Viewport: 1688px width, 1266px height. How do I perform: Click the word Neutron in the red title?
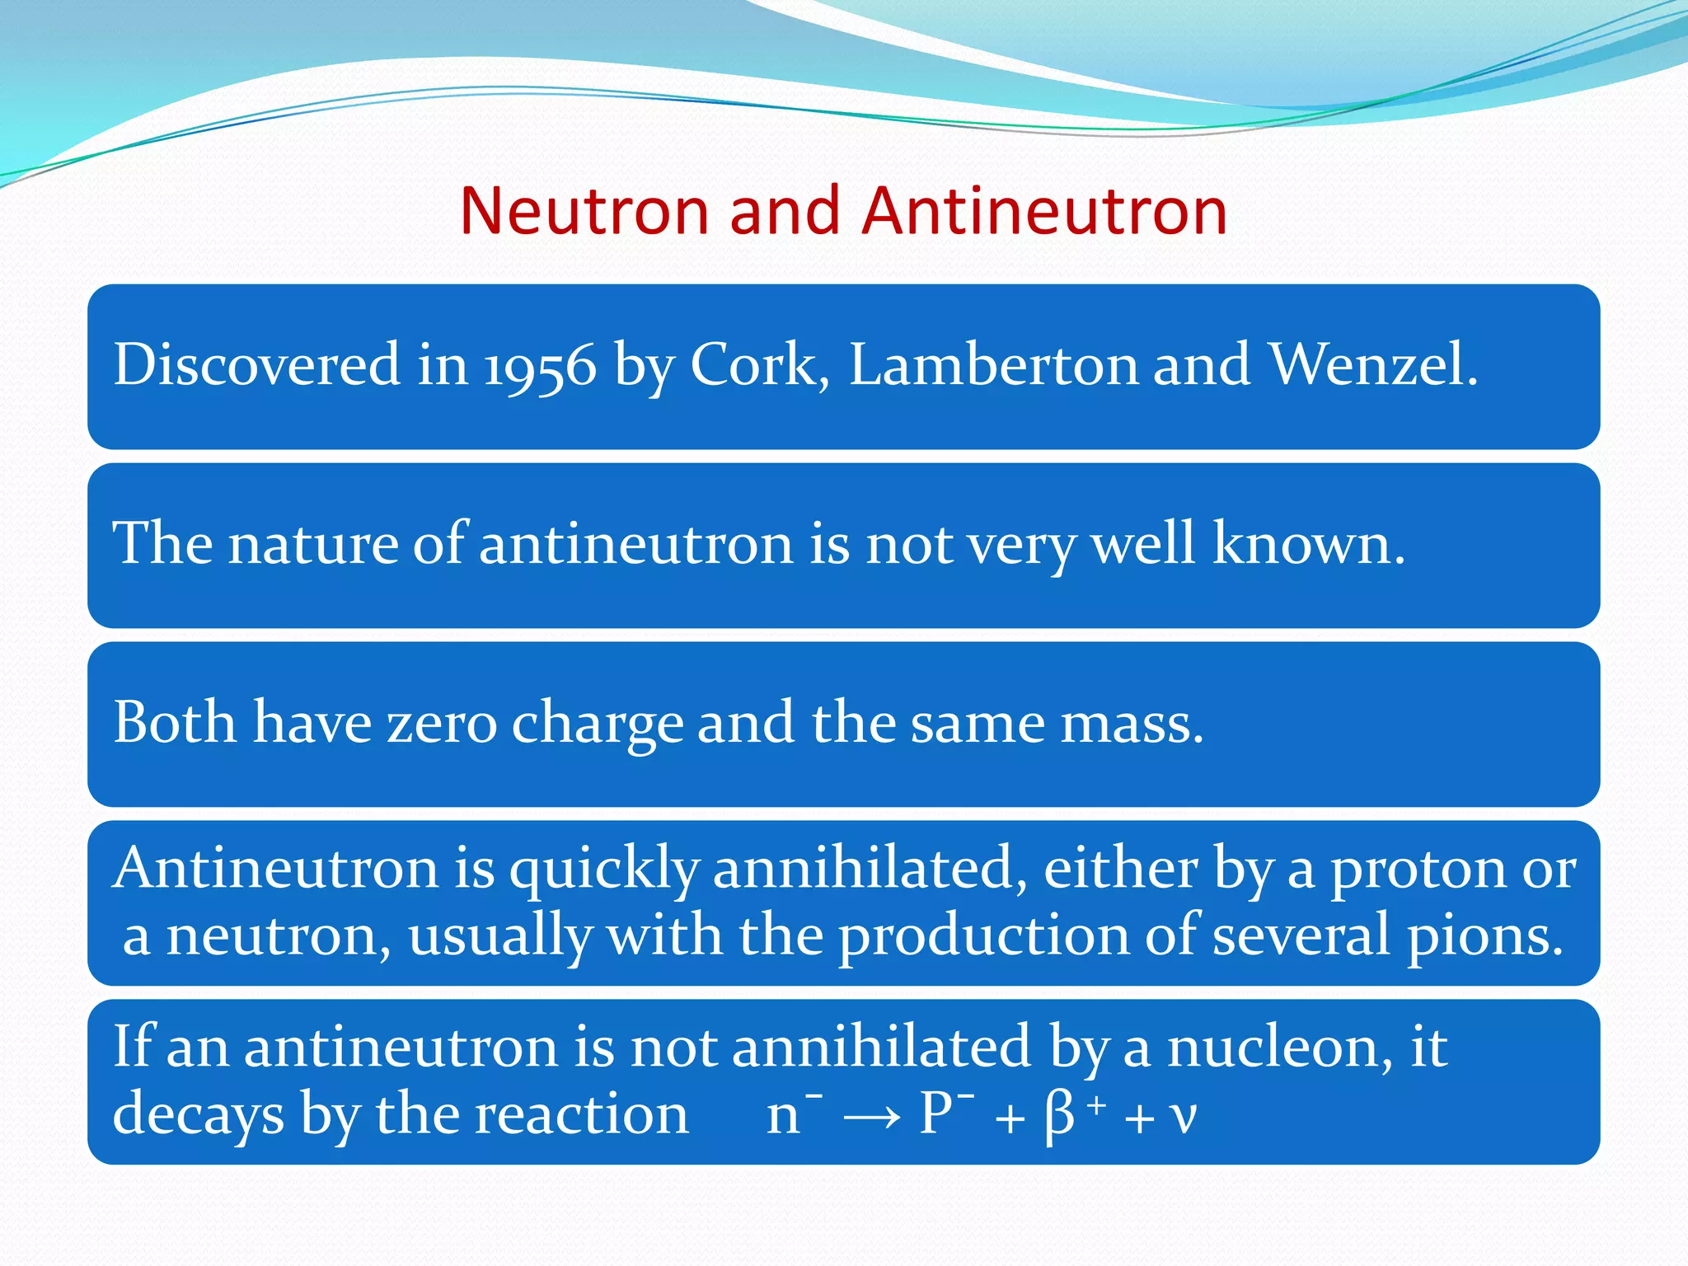584,211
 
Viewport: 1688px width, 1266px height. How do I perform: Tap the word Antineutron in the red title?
1045,211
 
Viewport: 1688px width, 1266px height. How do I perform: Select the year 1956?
539,365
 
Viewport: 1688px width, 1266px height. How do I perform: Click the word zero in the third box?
442,723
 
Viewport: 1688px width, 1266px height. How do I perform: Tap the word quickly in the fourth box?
603,870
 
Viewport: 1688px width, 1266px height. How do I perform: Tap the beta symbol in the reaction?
1059,1118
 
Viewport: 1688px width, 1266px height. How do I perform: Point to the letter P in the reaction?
935,1114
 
